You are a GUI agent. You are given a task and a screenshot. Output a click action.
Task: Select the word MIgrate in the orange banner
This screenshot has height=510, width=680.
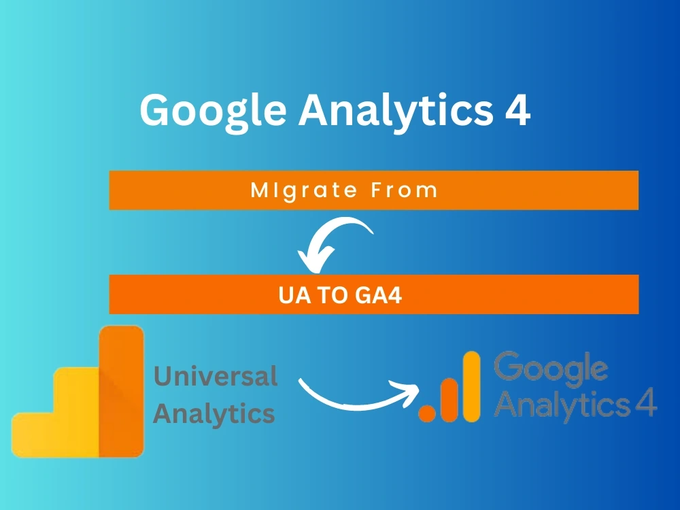click(x=296, y=190)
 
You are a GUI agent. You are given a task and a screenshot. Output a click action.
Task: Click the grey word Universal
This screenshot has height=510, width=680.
click(x=216, y=376)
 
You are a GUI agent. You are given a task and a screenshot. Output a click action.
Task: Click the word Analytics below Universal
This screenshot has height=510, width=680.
click(x=214, y=413)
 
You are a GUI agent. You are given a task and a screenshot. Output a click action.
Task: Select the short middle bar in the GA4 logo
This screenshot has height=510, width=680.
click(x=449, y=399)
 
